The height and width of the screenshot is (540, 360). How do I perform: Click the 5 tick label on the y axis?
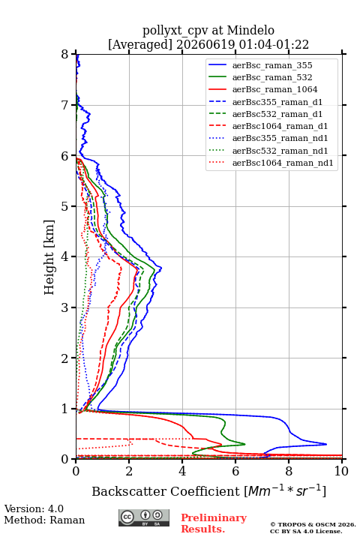65,206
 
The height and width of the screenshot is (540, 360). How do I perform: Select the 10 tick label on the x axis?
341,471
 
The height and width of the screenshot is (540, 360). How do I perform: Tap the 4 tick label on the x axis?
182,471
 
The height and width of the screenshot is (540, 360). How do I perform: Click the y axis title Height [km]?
49,257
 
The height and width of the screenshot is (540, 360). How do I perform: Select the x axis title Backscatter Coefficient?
166,491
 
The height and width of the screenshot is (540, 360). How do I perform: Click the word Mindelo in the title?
250,30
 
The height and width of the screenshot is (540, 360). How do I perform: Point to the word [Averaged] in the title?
140,45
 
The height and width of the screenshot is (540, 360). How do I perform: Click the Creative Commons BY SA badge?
144,518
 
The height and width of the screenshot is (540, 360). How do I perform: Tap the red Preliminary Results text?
214,523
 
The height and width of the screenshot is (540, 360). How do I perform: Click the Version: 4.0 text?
34,508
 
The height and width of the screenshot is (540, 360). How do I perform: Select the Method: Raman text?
44,520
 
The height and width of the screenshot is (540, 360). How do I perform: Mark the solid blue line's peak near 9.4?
326,444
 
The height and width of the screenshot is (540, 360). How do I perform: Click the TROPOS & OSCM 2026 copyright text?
313,524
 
